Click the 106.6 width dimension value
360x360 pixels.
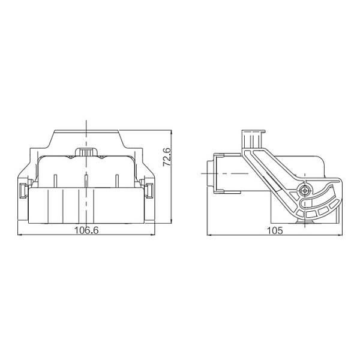(86, 230)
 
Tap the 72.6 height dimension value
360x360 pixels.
(167, 157)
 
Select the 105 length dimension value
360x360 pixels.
(275, 230)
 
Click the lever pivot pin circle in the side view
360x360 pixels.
(305, 190)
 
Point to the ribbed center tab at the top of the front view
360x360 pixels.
(86, 152)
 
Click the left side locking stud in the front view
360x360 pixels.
(23, 191)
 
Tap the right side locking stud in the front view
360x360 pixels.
(149, 191)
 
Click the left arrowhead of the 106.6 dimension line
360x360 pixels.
(20, 235)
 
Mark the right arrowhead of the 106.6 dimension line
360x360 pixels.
(152, 235)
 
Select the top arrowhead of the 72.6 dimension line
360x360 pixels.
(172, 133)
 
